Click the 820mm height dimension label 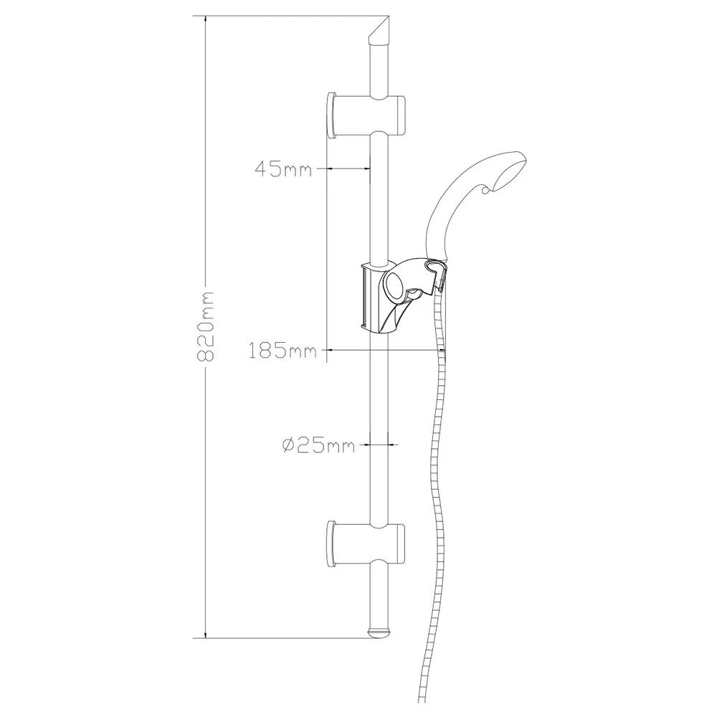205,326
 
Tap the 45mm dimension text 283,168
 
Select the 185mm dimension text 282,351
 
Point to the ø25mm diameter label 318,445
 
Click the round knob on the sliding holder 394,286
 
